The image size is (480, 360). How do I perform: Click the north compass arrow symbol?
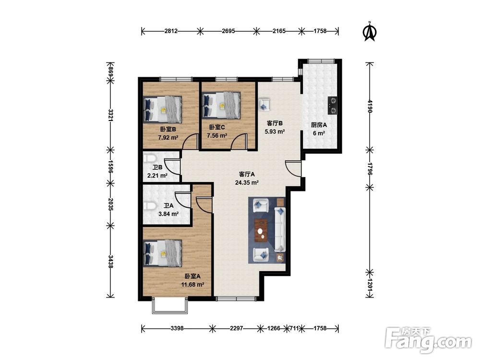coord(370,32)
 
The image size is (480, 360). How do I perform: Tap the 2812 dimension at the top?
coord(171,31)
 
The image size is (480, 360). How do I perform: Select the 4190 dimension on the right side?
coord(370,106)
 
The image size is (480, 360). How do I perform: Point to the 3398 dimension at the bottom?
coord(177,328)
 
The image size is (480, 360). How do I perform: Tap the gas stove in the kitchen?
coord(333,106)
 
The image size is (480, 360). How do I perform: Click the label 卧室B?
coord(168,129)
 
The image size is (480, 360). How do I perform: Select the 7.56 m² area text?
coord(217,135)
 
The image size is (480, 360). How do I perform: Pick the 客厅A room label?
coord(247,174)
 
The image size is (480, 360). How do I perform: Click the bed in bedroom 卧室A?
coord(163,253)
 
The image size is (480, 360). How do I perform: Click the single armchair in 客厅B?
coord(264,104)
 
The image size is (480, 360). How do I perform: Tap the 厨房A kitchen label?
coord(319,125)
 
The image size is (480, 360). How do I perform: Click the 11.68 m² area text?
coord(192,284)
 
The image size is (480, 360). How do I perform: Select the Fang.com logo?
coord(428,340)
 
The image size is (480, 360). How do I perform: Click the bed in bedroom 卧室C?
coord(222,106)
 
